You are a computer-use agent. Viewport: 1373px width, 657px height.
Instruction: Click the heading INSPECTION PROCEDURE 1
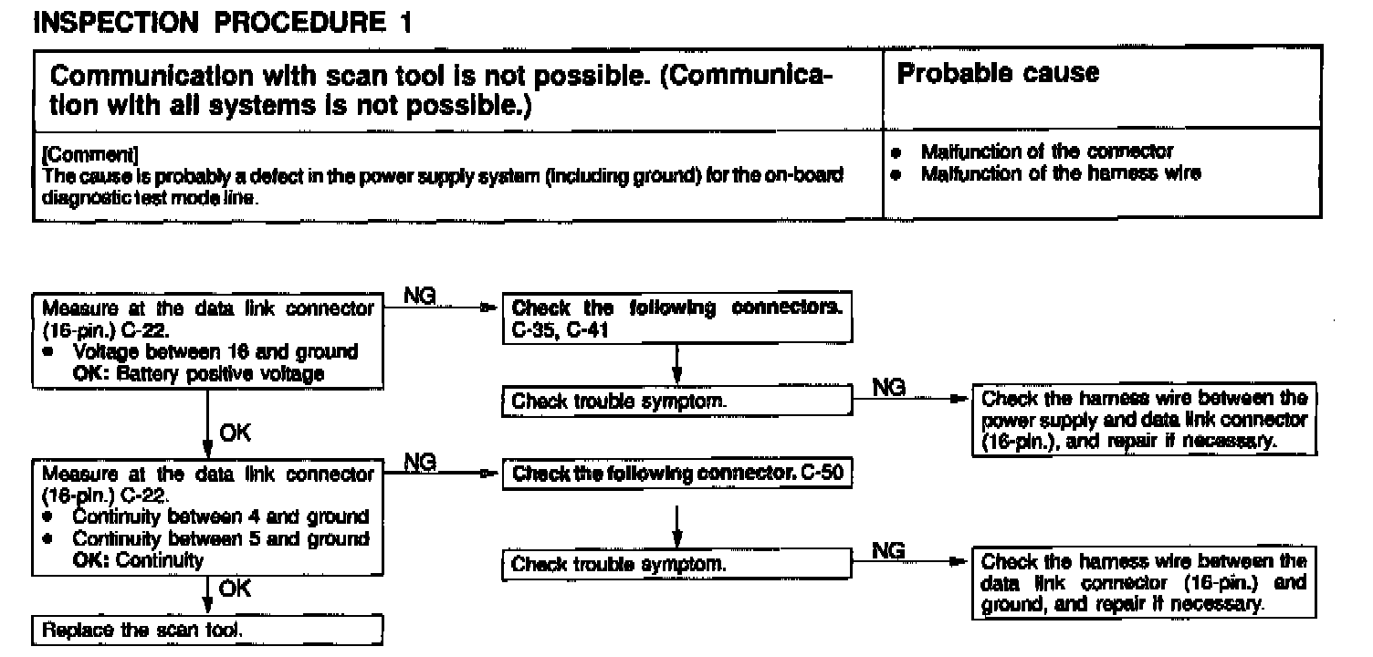coord(221,23)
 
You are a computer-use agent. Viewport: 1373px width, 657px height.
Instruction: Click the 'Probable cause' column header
coord(999,74)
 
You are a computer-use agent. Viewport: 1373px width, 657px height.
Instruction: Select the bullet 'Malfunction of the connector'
coord(1046,151)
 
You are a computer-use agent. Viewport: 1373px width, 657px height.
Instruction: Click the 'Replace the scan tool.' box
coord(206,631)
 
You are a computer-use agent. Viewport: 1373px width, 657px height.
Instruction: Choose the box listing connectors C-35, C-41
coord(676,319)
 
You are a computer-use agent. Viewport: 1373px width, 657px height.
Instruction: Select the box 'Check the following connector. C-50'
coord(676,474)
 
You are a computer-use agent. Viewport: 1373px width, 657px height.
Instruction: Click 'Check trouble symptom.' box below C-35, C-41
coord(676,401)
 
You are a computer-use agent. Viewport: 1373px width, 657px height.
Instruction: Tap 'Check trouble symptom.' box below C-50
coord(676,565)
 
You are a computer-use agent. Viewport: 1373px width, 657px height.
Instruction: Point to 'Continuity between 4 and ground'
coord(220,516)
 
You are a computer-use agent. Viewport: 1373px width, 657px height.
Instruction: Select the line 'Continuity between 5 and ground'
coord(220,538)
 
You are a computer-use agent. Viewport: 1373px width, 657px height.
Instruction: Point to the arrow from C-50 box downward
coord(676,519)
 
